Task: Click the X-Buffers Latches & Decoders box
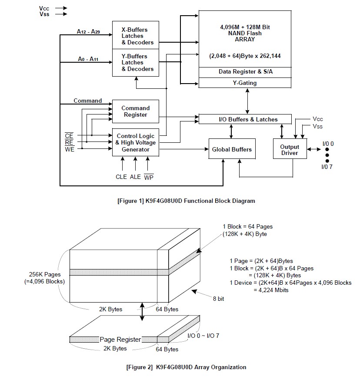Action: click(x=136, y=35)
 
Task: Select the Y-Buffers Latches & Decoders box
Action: click(x=136, y=63)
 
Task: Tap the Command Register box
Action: click(x=136, y=111)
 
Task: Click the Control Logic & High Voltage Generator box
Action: click(x=136, y=143)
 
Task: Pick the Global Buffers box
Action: click(x=232, y=149)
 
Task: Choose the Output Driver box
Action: click(x=290, y=149)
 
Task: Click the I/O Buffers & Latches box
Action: click(x=245, y=119)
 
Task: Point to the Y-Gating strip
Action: click(x=245, y=83)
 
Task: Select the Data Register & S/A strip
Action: click(x=245, y=72)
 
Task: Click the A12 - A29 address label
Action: click(x=88, y=31)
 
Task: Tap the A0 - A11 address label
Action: click(x=88, y=59)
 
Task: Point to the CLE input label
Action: click(x=121, y=177)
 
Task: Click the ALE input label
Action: click(x=135, y=177)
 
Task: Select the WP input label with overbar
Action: click(x=149, y=177)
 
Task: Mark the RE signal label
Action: click(x=69, y=142)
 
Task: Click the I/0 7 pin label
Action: click(x=327, y=167)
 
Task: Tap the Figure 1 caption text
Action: click(x=186, y=201)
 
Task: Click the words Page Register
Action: click(x=120, y=340)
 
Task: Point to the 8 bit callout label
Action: click(x=218, y=299)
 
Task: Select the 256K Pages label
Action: click(x=45, y=275)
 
